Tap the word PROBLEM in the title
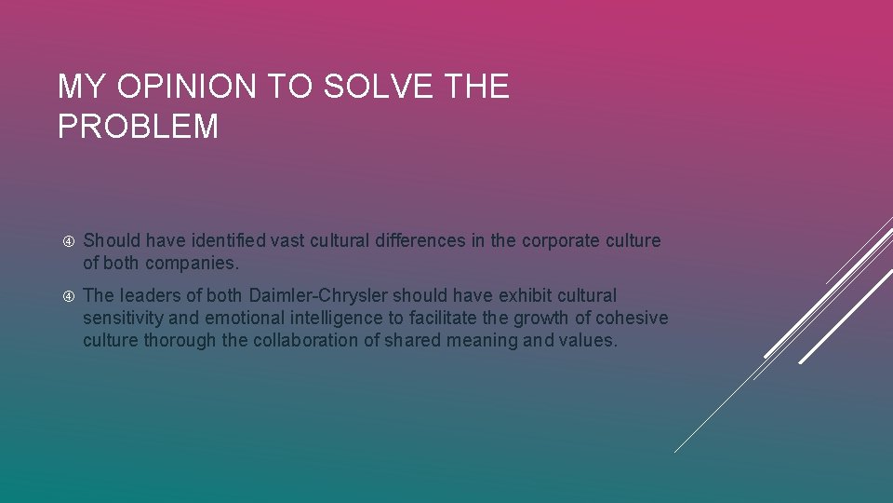coord(138,126)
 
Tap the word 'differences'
coord(420,240)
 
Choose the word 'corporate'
coord(563,240)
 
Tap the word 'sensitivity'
coord(121,318)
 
